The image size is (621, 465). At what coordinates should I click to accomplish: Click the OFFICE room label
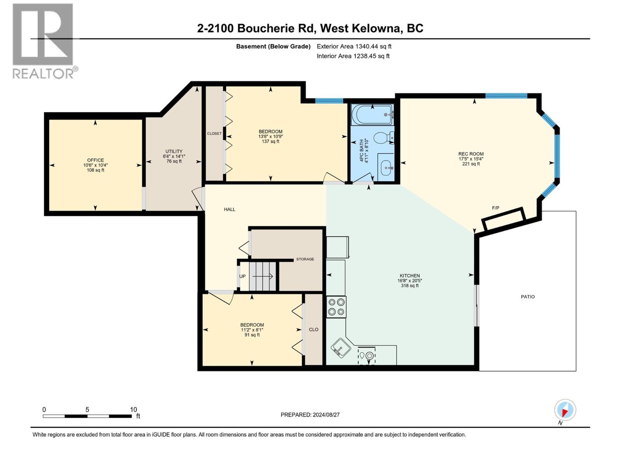(95, 160)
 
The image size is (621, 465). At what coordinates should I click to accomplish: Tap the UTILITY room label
(174, 152)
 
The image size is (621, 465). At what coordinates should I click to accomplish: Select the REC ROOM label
(471, 154)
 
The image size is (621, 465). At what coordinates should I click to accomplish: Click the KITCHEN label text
(409, 276)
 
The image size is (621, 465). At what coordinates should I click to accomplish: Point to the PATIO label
(527, 297)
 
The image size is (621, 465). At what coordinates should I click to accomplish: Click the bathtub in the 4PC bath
(372, 115)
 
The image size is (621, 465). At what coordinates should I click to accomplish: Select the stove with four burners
(336, 307)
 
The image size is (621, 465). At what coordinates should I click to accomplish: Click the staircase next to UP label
(262, 276)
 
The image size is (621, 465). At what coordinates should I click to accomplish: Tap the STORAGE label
(305, 259)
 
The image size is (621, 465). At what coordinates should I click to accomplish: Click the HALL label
(229, 209)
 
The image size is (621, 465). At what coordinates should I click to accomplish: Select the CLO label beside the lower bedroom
(314, 329)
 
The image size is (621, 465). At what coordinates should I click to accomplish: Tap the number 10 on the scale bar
(133, 410)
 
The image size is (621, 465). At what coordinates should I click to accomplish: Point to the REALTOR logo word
(43, 74)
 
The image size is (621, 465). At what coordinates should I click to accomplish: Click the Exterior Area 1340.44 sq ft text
(354, 46)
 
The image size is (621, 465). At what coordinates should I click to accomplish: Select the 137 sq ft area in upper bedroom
(271, 141)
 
